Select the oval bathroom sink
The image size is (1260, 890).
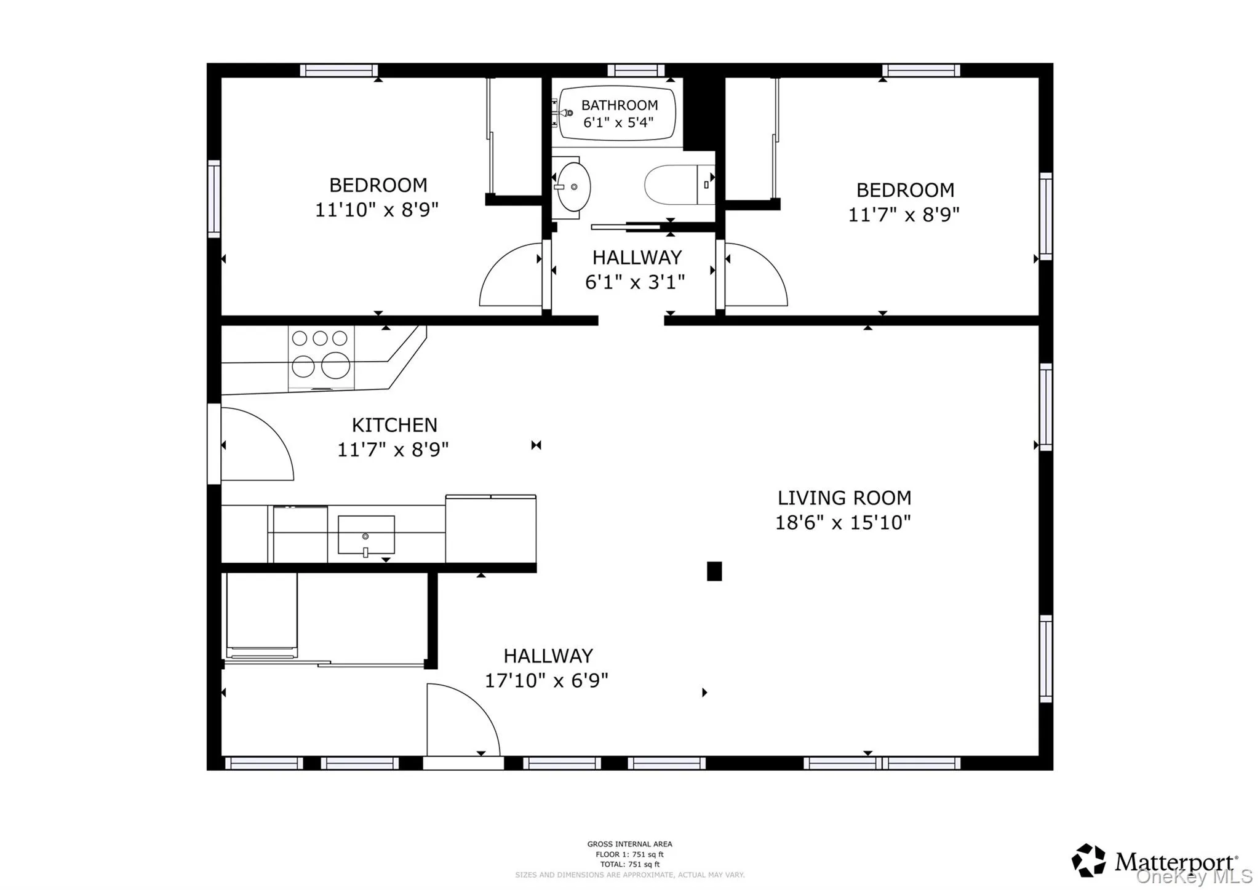pyautogui.click(x=573, y=187)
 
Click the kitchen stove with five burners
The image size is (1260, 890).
pyautogui.click(x=321, y=357)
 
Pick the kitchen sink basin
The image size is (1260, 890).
pyautogui.click(x=366, y=534)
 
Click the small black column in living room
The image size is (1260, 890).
pyautogui.click(x=714, y=571)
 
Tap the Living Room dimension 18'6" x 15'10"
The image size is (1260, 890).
pyautogui.click(x=842, y=523)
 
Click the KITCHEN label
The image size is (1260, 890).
pyautogui.click(x=394, y=425)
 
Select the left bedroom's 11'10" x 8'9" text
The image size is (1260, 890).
pyautogui.click(x=377, y=210)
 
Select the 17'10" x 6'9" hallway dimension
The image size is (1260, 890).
pyautogui.click(x=546, y=681)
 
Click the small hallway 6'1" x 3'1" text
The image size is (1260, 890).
pyautogui.click(x=635, y=282)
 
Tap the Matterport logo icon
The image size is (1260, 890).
pyautogui.click(x=1088, y=860)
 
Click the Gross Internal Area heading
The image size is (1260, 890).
pyautogui.click(x=629, y=844)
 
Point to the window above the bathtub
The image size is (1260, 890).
pyautogui.click(x=636, y=70)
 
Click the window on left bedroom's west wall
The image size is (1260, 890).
pyautogui.click(x=213, y=198)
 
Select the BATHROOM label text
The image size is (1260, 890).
pyautogui.click(x=620, y=105)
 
